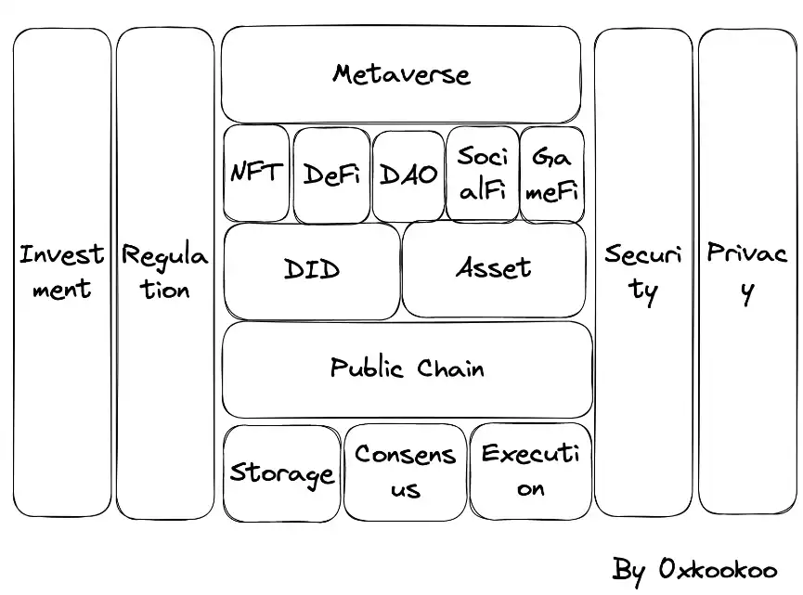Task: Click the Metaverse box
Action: tap(401, 74)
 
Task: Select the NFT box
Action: tap(256, 174)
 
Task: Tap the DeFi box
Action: tap(331, 175)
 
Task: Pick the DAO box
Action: tap(408, 175)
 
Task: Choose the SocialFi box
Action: tap(483, 175)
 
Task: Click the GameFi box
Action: tap(552, 175)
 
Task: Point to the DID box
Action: tap(312, 270)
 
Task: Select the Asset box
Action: tap(494, 269)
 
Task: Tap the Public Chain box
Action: tap(407, 369)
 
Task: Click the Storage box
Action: tap(281, 473)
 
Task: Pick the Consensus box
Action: tap(405, 472)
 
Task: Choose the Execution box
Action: tap(530, 472)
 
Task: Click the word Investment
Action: tap(62, 271)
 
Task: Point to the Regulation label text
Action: tap(165, 271)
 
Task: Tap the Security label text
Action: tap(643, 271)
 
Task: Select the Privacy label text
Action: tap(747, 270)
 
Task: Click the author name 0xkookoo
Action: tap(716, 569)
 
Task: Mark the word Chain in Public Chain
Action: tap(450, 368)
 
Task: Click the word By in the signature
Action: tap(628, 570)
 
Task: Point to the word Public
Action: tap(368, 369)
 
